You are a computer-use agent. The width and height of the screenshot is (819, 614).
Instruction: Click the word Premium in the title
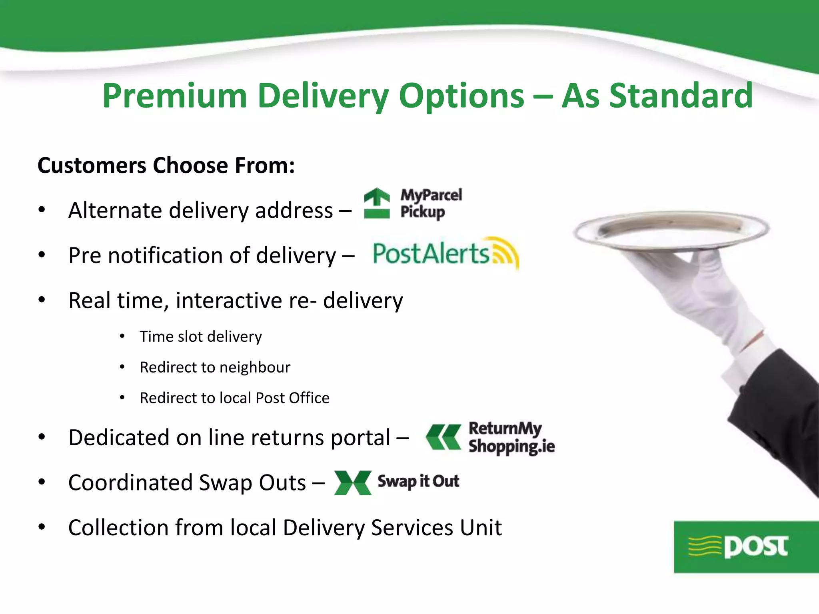coord(174,96)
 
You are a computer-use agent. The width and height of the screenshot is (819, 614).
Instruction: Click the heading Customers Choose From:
coord(166,165)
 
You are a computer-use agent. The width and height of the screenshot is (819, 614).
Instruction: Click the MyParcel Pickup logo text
coord(431,203)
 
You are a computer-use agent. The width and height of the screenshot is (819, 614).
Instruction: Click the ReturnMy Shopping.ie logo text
coord(511,437)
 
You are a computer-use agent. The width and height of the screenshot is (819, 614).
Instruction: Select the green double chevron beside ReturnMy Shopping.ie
coord(443,437)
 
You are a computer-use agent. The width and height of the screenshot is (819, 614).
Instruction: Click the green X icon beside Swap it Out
coord(353,482)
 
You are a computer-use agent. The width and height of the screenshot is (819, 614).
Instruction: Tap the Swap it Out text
coord(418,481)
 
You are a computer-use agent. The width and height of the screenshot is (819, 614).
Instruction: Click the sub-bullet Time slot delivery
coord(200,337)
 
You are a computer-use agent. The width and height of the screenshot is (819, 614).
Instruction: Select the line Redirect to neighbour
coord(215,367)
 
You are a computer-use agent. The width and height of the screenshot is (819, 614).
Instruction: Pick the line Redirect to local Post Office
coord(234,398)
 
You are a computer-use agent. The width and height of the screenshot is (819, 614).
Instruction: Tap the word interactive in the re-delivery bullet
coord(229,301)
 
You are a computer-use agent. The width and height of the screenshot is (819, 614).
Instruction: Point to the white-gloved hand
coord(708,296)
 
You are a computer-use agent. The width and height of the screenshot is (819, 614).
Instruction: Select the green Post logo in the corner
coord(746,547)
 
